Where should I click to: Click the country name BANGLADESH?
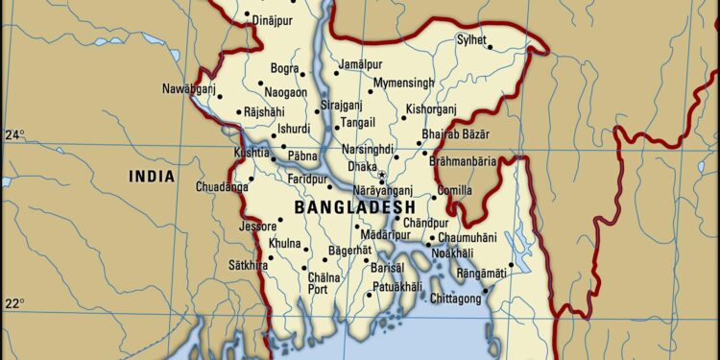pyautogui.click(x=354, y=207)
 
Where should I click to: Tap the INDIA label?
pyautogui.click(x=153, y=177)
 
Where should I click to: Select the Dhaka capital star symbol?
pyautogui.click(x=382, y=175)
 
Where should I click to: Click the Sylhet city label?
pyautogui.click(x=471, y=40)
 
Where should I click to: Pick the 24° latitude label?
pyautogui.click(x=14, y=134)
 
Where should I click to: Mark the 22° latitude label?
pyautogui.click(x=14, y=304)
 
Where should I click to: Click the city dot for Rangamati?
pyautogui.click(x=511, y=265)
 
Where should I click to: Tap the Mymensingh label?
pyautogui.click(x=403, y=84)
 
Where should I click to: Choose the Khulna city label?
pyautogui.click(x=284, y=244)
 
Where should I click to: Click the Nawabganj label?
pyautogui.click(x=188, y=89)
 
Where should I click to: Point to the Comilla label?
pyautogui.click(x=454, y=191)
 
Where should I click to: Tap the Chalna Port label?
pyautogui.click(x=324, y=283)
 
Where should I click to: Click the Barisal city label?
pyautogui.click(x=387, y=269)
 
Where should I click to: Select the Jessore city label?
pyautogui.click(x=256, y=227)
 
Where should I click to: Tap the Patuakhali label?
pyautogui.click(x=396, y=287)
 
